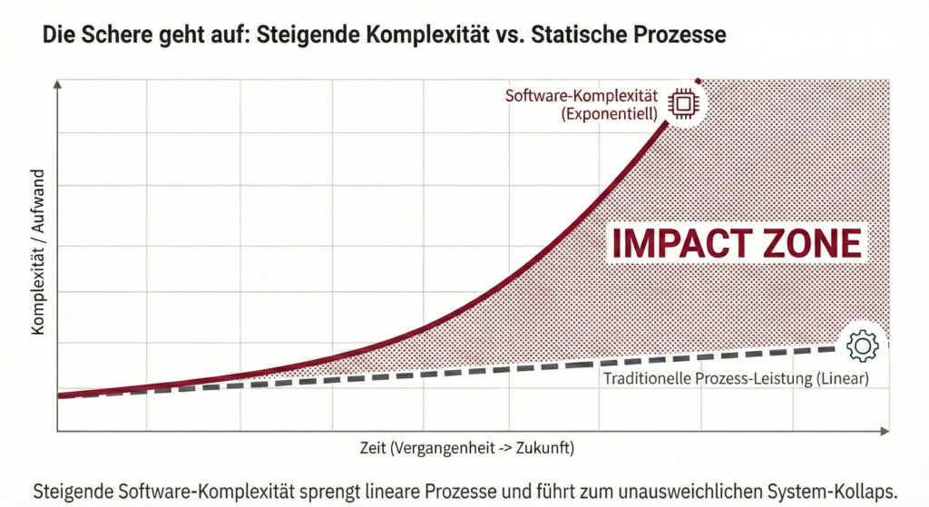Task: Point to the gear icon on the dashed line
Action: [861, 345]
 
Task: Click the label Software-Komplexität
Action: [581, 95]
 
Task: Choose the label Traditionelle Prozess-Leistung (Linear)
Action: [736, 377]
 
